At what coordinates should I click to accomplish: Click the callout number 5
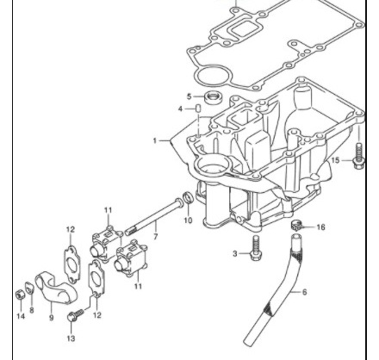point(189,96)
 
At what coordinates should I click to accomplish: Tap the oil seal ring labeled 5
point(214,97)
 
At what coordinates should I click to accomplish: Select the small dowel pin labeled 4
point(198,109)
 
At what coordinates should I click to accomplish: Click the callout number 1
point(155,140)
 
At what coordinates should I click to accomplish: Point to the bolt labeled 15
point(358,156)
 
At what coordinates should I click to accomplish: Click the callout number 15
point(335,160)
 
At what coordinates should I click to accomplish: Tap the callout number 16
point(320,227)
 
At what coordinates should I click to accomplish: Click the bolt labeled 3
point(256,248)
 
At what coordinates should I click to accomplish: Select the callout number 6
point(304,292)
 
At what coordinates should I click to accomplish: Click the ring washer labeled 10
point(188,197)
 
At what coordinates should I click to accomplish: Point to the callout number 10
point(188,220)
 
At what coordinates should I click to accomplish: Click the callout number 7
point(156,237)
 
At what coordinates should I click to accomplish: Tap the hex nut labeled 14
point(20,295)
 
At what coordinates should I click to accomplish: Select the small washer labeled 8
point(29,288)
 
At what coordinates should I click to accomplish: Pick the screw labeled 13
point(75,315)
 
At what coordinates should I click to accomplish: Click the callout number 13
point(71,338)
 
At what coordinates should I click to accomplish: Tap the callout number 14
point(21,316)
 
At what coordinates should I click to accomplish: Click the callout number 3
point(235,253)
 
